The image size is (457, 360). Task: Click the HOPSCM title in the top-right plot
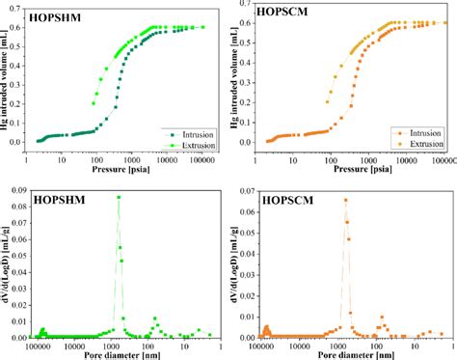284,17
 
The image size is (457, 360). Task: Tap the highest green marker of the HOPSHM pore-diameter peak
119,197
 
